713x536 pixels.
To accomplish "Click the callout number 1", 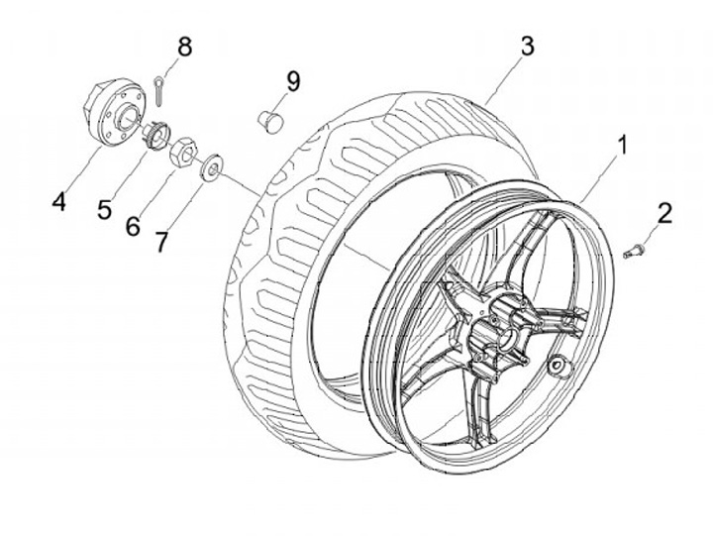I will tap(622, 146).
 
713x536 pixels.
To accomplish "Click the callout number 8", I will tap(184, 46).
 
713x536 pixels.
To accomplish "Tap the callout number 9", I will tap(292, 81).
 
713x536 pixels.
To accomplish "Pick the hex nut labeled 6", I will tap(183, 153).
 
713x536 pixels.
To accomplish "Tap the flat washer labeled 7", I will tap(209, 168).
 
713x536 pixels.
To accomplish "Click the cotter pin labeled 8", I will tap(160, 89).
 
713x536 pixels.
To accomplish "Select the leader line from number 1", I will tap(602, 177).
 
